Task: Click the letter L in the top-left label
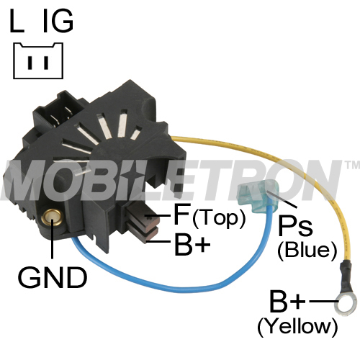[17, 21]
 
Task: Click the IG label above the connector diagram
[58, 21]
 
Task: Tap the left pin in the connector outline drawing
[30, 63]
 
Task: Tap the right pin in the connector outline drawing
[46, 63]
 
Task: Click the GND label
[53, 278]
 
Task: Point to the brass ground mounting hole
[52, 216]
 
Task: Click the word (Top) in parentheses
[219, 217]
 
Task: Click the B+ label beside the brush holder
[192, 243]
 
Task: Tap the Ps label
[295, 226]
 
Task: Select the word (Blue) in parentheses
[307, 250]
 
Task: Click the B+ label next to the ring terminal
[287, 301]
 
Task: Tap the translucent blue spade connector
[258, 194]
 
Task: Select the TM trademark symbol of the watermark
[352, 164]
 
